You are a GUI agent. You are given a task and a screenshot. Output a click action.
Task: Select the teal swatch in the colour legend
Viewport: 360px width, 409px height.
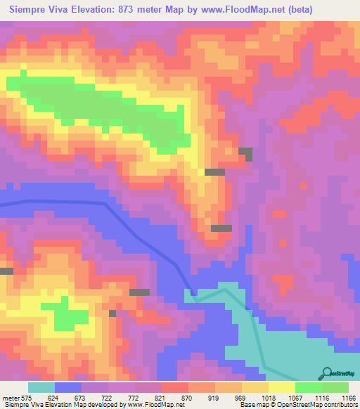coord(41,387)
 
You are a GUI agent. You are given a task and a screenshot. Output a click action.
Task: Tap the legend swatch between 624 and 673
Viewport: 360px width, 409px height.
coord(68,387)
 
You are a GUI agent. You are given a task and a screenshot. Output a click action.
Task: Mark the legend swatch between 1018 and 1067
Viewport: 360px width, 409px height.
coord(281,387)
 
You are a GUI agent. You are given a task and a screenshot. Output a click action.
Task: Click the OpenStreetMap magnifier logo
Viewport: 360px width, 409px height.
coord(326,372)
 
